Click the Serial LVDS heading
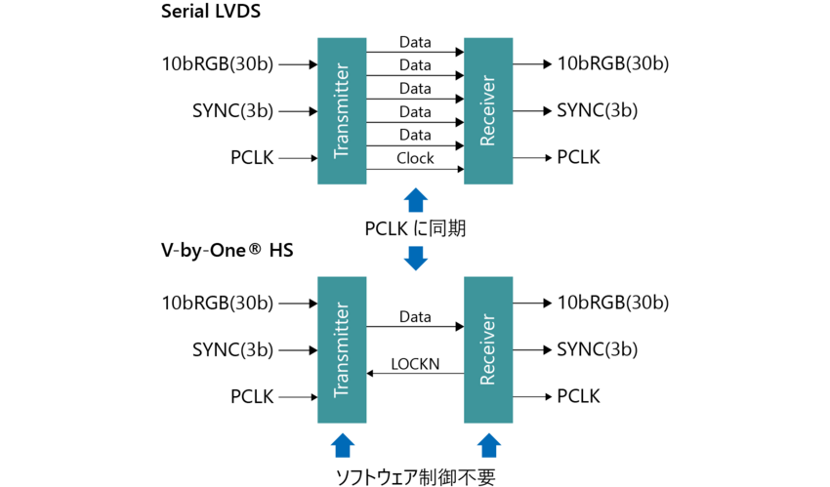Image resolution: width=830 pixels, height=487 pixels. (212, 15)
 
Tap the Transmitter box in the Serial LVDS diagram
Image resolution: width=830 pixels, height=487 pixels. (342, 110)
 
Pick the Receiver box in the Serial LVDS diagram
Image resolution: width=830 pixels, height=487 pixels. (488, 110)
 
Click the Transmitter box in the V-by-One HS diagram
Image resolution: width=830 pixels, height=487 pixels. (342, 349)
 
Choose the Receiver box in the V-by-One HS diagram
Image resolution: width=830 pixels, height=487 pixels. (488, 349)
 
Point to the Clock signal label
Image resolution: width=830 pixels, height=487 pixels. (415, 158)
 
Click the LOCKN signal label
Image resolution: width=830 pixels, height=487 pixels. (415, 364)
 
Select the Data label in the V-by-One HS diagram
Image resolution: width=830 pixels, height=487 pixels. (415, 317)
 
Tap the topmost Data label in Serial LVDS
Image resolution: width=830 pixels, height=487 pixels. (415, 43)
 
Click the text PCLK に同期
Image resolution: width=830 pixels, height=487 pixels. (415, 228)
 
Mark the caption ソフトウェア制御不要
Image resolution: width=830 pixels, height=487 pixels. (415, 476)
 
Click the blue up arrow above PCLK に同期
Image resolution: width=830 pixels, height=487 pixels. (415, 201)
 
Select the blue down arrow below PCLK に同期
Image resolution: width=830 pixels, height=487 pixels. (415, 258)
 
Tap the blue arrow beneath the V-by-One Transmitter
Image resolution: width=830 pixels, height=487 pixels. (342, 445)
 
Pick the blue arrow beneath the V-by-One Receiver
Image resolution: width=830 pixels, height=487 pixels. (488, 445)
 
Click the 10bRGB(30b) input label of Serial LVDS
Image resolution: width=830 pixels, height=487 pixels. (218, 64)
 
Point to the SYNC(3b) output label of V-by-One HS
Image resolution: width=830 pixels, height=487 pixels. (597, 349)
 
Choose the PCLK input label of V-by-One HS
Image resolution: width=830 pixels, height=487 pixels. (252, 396)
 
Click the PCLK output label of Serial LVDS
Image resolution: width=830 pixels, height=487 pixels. (578, 157)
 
